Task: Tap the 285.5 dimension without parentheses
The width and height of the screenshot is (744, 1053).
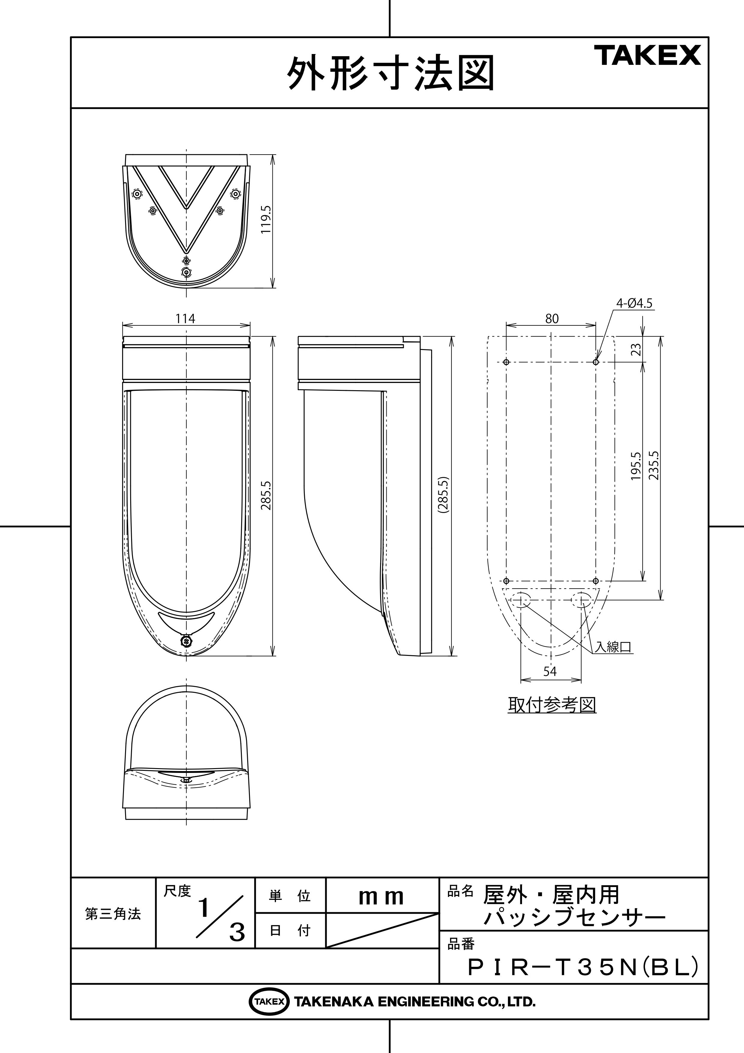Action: coord(266,496)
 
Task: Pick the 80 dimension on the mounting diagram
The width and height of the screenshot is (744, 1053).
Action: coord(552,319)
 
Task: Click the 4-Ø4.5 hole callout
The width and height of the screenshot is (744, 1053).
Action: coord(634,303)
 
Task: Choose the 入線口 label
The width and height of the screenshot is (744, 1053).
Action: coord(613,647)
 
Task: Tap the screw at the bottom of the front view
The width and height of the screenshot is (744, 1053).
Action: coord(186,641)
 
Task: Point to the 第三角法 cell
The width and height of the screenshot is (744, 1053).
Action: coord(113,914)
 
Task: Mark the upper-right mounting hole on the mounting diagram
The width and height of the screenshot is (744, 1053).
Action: coord(596,362)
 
